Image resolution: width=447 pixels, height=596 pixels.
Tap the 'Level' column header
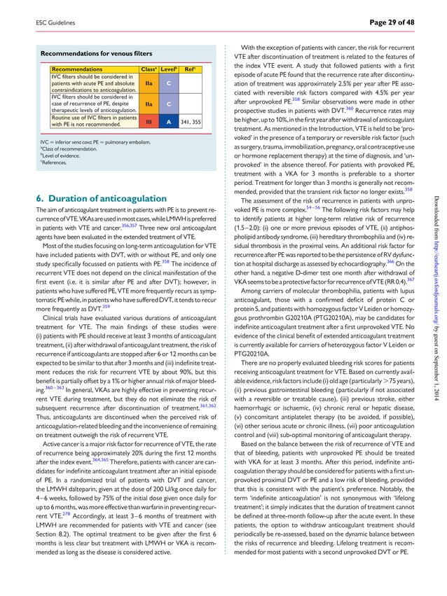coord(168,70)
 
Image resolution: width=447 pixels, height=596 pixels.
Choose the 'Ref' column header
coord(189,70)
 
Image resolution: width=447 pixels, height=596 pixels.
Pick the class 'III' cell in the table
coord(148,121)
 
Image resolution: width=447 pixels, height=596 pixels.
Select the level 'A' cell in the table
coord(168,121)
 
